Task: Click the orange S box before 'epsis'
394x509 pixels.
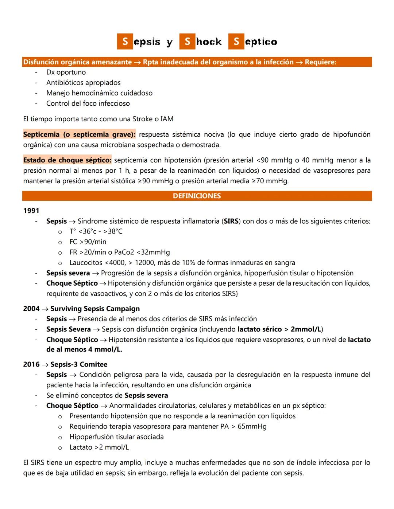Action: coord(125,42)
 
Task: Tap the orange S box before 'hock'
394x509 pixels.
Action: coord(187,42)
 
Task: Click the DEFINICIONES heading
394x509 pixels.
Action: coord(197,196)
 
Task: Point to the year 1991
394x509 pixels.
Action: coord(31,211)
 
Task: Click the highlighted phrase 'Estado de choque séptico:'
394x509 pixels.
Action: coord(67,160)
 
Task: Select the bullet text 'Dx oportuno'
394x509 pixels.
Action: coord(66,72)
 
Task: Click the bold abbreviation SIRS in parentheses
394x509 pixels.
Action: coord(231,221)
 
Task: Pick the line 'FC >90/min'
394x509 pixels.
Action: coord(88,242)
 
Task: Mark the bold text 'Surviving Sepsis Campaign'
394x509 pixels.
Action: coord(95,309)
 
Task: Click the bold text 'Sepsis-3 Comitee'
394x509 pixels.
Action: coord(79,364)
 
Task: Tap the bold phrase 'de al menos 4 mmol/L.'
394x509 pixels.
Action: coord(84,349)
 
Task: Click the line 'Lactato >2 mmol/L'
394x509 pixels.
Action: coord(99,447)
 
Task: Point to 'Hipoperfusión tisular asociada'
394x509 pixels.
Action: coord(116,436)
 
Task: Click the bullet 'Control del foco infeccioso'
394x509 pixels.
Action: coord(88,103)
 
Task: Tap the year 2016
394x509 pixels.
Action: coord(31,364)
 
